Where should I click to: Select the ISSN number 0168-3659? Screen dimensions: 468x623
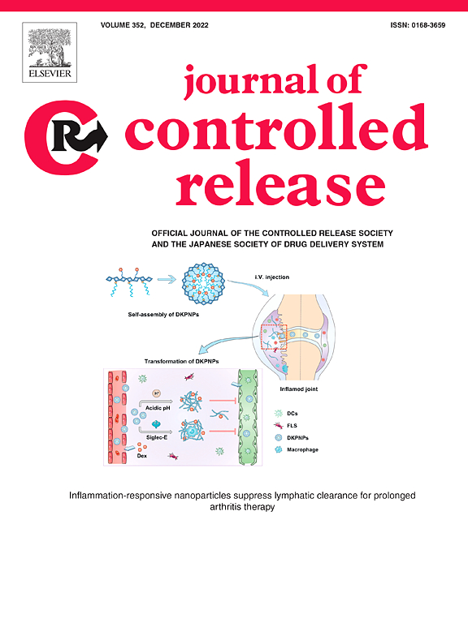[428, 25]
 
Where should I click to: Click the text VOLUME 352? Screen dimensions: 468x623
[122, 25]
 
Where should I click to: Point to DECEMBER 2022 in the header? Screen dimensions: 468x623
[179, 25]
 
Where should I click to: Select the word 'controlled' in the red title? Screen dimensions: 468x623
[276, 129]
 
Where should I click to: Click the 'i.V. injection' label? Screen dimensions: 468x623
[272, 277]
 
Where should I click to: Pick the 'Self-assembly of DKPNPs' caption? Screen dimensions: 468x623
[163, 314]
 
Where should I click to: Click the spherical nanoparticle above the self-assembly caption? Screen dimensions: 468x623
[203, 284]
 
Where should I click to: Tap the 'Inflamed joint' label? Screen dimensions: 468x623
[299, 389]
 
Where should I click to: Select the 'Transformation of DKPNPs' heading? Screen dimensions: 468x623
[181, 361]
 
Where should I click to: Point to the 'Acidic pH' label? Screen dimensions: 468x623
[158, 408]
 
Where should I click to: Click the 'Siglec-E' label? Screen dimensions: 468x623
[157, 437]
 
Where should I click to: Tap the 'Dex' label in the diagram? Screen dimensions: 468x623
[142, 456]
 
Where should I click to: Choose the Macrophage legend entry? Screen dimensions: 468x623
[296, 449]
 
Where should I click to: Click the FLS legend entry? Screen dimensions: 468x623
[286, 426]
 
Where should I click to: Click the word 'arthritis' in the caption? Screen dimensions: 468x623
[225, 507]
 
